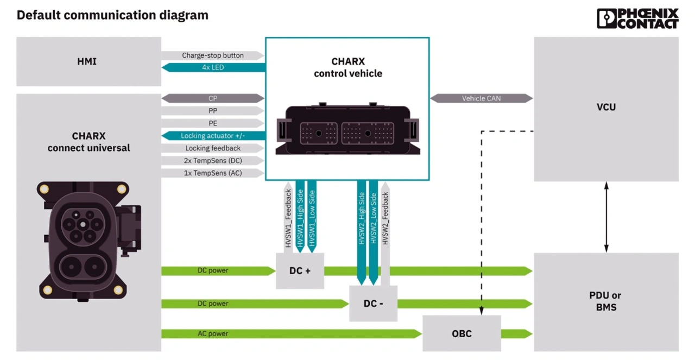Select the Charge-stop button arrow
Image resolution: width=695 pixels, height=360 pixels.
[x=213, y=55]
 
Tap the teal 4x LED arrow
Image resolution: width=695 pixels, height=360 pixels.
[x=213, y=67]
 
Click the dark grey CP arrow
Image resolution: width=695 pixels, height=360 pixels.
[x=213, y=98]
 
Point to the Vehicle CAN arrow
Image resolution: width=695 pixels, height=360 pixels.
[x=481, y=98]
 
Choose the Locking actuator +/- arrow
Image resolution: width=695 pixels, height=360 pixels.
[x=213, y=136]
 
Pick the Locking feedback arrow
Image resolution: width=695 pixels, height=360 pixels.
[x=213, y=148]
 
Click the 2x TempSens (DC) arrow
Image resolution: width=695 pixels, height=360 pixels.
[x=213, y=161]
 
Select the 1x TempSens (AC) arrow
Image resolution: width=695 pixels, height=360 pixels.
[x=213, y=173]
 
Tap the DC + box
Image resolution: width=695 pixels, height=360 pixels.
[x=300, y=270]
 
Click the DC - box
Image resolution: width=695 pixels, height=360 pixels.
[x=373, y=303]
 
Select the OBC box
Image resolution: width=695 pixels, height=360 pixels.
[x=462, y=333]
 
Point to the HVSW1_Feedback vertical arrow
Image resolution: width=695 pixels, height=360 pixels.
[x=288, y=217]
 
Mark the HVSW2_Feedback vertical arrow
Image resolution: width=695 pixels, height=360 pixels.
[x=385, y=228]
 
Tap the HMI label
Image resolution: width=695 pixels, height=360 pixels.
[x=87, y=61]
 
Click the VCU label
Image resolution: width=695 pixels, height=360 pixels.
[x=606, y=107]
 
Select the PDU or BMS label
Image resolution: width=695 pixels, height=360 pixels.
[x=606, y=301]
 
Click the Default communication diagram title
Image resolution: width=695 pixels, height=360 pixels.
[x=112, y=15]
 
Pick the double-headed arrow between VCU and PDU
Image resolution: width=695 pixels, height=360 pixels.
[x=606, y=217]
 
